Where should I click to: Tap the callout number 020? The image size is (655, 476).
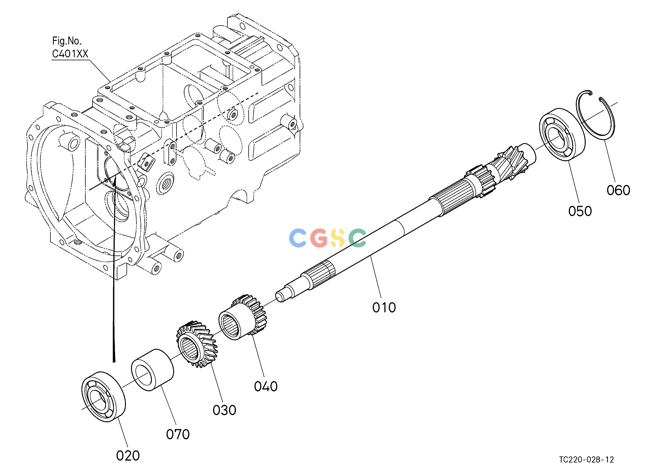tap(128, 456)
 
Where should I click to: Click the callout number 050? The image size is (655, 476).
tap(580, 211)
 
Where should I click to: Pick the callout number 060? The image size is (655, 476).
tap(618, 190)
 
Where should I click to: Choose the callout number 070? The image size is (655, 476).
tap(178, 434)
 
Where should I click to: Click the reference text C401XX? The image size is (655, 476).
tap(70, 54)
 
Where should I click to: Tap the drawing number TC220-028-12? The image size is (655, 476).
tap(587, 459)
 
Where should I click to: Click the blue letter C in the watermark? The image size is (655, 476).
tap(298, 238)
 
